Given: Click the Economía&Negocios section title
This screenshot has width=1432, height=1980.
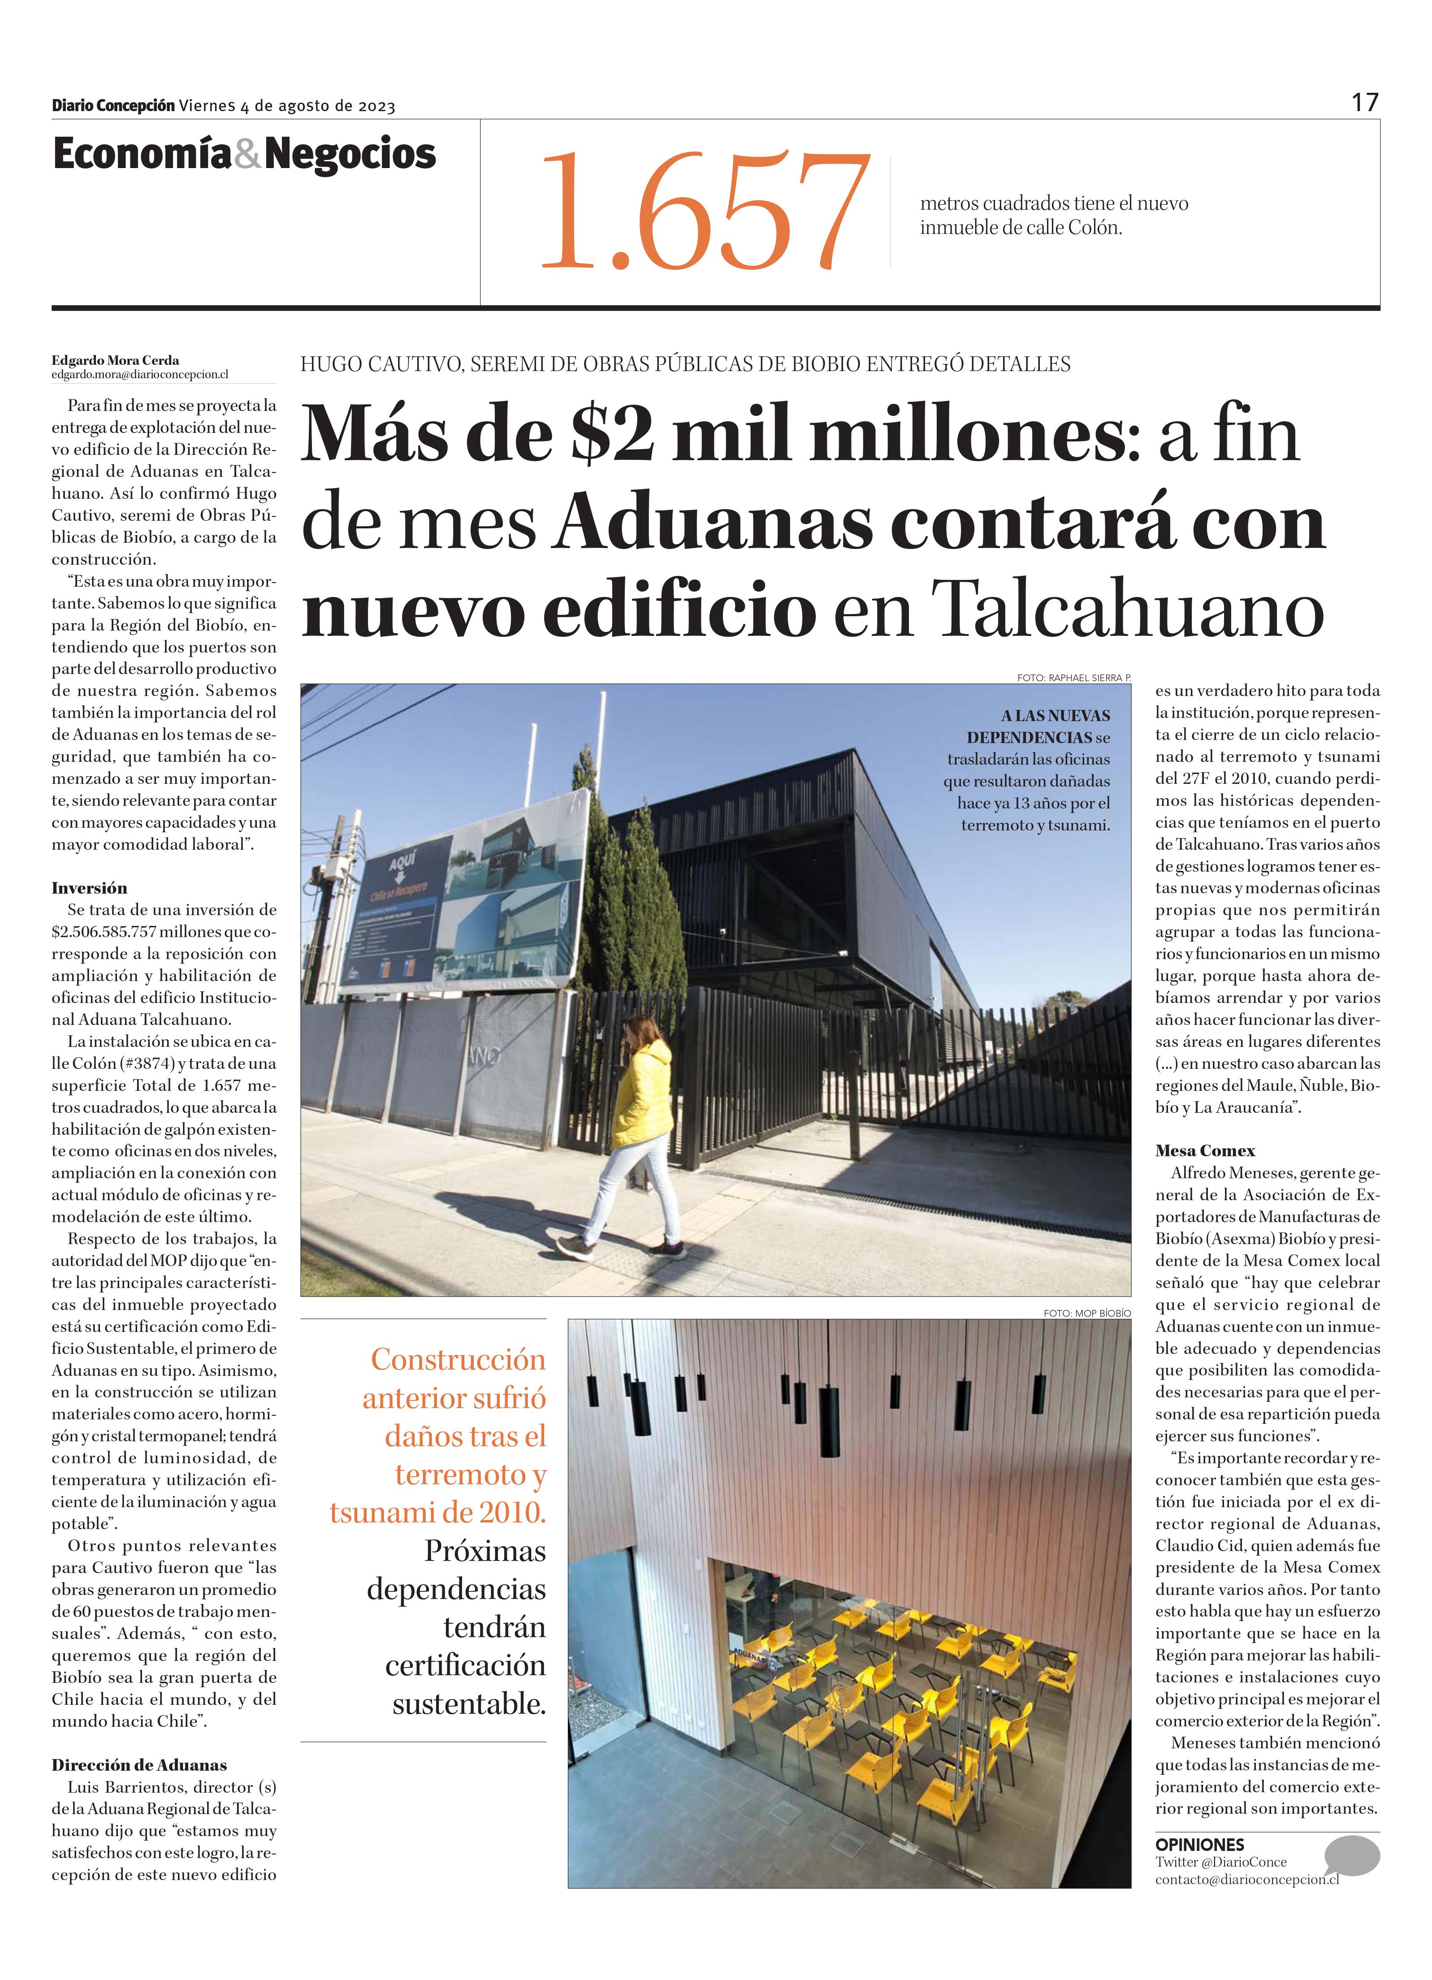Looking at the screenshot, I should point(244,155).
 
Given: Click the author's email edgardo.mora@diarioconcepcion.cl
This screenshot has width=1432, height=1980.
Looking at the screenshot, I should point(140,375).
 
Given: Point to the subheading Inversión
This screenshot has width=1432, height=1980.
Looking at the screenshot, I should point(89,888).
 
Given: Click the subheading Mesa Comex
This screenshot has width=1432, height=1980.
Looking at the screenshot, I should point(1205,1150).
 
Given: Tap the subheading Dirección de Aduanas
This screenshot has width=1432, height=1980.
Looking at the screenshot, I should point(139,1764).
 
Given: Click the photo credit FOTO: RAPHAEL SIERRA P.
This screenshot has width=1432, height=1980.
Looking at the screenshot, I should point(1073,678).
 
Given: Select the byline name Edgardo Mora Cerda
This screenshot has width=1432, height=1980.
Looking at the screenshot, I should point(115,360).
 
